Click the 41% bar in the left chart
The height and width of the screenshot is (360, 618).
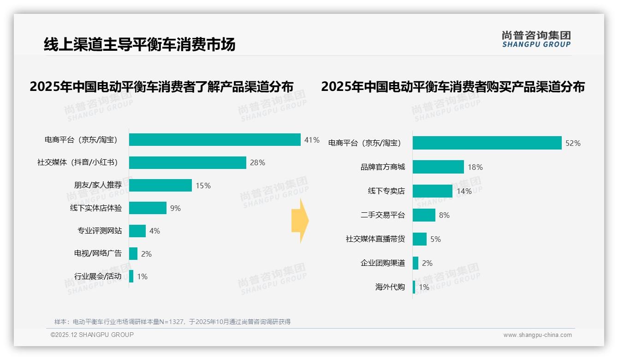(x=214, y=140)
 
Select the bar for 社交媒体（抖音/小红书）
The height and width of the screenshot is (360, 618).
(x=187, y=162)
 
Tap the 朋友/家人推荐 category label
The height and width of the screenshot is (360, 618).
(x=98, y=185)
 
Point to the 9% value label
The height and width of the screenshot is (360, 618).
(x=175, y=208)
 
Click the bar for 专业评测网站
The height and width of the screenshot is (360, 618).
(x=137, y=231)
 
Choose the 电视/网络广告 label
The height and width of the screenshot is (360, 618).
(x=98, y=253)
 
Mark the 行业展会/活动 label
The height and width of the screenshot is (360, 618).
(x=98, y=276)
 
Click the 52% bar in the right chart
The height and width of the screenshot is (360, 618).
(x=487, y=143)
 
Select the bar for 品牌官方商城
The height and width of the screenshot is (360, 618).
(x=438, y=167)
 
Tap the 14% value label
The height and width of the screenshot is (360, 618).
(x=464, y=191)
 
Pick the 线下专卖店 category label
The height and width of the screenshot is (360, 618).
(x=386, y=191)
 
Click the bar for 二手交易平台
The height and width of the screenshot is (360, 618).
(x=424, y=215)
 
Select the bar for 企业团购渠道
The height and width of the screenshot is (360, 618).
(x=416, y=263)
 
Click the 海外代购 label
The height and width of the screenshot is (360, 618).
(x=390, y=287)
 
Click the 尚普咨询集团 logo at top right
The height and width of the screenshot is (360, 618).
(x=536, y=39)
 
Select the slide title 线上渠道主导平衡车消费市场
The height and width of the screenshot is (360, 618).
(x=139, y=44)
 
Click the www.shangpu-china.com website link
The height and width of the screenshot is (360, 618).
(x=537, y=335)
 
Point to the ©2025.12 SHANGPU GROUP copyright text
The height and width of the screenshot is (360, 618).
(x=92, y=335)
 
